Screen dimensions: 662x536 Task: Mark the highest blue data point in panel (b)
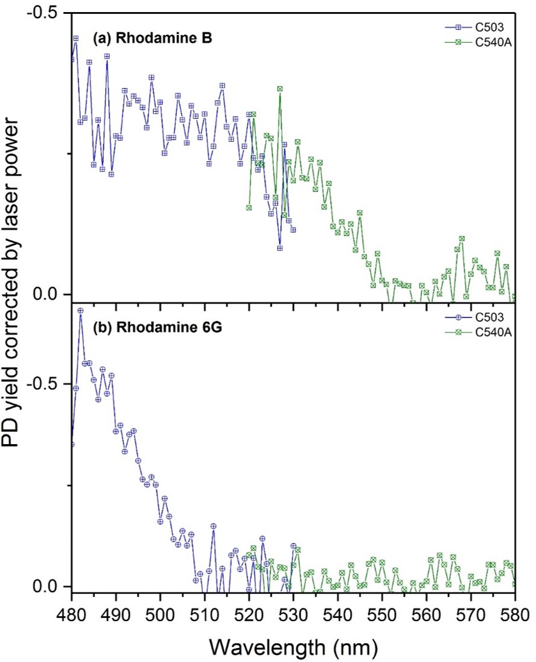[x=80, y=310]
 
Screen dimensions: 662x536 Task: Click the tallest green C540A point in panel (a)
[x=280, y=89]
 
